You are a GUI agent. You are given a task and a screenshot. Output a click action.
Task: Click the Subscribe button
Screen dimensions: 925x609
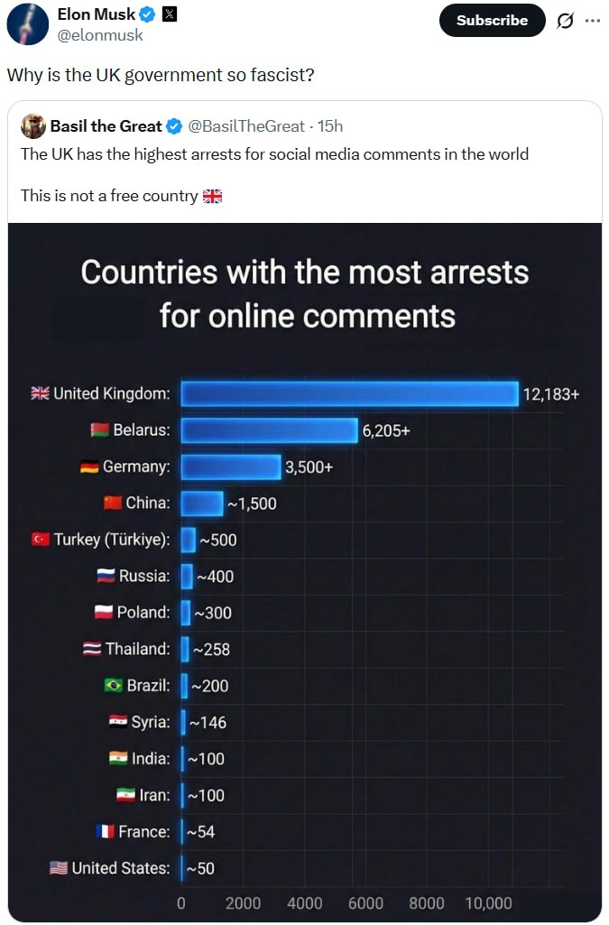[492, 20]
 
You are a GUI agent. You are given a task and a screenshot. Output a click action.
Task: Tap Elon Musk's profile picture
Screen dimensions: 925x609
[27, 24]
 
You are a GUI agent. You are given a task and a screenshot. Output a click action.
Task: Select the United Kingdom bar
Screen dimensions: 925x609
[349, 393]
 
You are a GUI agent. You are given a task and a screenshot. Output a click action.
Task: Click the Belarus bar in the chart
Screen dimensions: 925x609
[269, 430]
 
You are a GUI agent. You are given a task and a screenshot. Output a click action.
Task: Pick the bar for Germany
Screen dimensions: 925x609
[231, 467]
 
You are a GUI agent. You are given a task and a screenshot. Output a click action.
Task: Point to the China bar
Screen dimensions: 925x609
[202, 504]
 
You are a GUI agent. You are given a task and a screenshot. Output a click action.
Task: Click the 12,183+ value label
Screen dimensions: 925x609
[551, 394]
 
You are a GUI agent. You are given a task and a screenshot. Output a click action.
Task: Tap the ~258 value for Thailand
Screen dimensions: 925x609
[211, 649]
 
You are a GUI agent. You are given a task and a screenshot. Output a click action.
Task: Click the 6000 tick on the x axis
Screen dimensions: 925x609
[366, 903]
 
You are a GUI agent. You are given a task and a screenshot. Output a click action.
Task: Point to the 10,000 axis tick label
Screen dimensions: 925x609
[488, 903]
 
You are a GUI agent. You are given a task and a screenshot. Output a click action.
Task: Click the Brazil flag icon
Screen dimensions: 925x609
[114, 686]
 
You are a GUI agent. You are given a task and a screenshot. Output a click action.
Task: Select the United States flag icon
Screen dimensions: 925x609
[59, 868]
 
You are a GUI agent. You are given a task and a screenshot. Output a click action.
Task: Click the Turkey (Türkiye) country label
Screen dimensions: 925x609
[112, 540]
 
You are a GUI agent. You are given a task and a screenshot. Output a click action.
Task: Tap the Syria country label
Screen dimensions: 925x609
[151, 722]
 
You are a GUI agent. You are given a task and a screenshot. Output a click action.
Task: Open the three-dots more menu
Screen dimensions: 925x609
[592, 21]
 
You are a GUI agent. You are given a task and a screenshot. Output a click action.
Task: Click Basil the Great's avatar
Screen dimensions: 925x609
[33, 126]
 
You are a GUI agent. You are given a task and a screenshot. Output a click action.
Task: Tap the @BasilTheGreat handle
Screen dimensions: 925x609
[245, 126]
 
